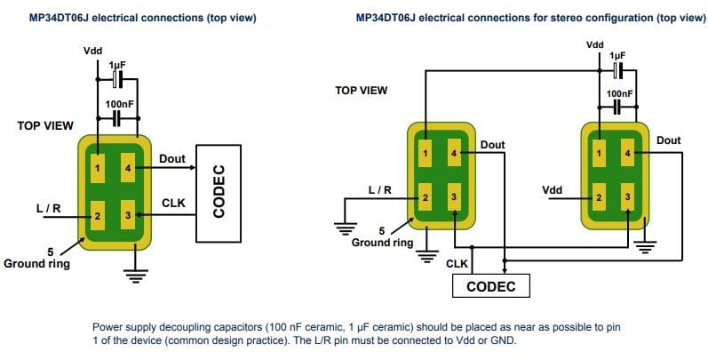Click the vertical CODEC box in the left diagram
[x=219, y=193]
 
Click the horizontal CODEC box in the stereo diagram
[x=490, y=286]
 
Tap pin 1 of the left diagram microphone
[x=99, y=164]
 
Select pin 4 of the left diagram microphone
[x=128, y=164]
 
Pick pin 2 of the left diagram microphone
[x=99, y=215]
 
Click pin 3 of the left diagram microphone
[x=128, y=215]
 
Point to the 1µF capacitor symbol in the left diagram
[x=115, y=80]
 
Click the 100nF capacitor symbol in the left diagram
[x=115, y=118]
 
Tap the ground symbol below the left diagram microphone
[x=135, y=276]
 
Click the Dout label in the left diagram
[x=172, y=159]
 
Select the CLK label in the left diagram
[x=173, y=203]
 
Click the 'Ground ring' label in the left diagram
[x=35, y=263]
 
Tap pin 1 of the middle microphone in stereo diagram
[x=426, y=153]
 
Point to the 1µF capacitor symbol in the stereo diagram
[x=618, y=68]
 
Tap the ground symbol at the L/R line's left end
[x=343, y=228]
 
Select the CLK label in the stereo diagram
[x=457, y=263]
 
